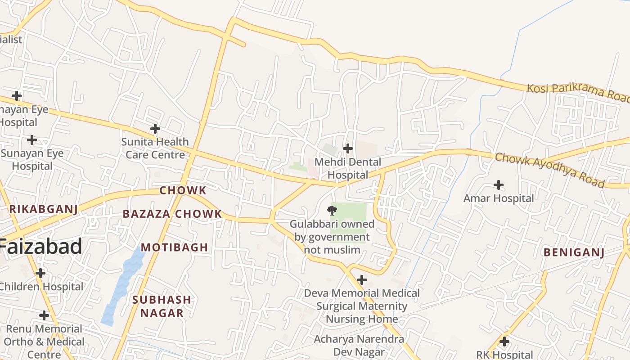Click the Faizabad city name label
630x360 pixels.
click(x=40, y=247)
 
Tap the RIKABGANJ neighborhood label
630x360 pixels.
click(x=44, y=209)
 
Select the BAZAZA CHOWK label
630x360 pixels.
click(x=172, y=214)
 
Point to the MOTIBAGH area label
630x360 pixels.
click(x=175, y=247)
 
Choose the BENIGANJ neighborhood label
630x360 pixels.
click(x=574, y=252)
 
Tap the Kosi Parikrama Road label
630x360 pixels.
click(x=578, y=92)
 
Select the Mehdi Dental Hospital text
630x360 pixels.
click(x=348, y=168)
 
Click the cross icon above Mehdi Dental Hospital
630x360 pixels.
click(x=347, y=148)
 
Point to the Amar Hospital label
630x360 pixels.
click(x=499, y=198)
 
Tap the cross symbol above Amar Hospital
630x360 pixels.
click(x=499, y=184)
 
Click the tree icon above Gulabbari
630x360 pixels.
click(x=332, y=210)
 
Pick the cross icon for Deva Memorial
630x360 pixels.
click(x=361, y=280)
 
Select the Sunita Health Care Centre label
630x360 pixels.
click(x=155, y=148)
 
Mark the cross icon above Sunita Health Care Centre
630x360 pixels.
click(x=155, y=129)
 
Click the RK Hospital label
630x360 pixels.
click(x=504, y=355)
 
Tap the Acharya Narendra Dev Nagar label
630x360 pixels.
click(x=359, y=345)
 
